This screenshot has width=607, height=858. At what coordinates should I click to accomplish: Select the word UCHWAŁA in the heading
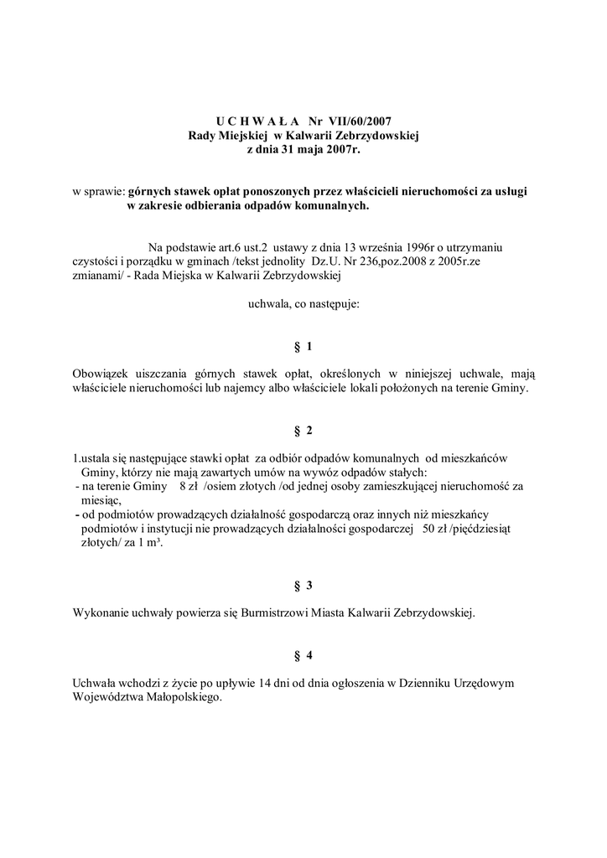[251, 121]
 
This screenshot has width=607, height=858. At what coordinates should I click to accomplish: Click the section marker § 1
[303, 346]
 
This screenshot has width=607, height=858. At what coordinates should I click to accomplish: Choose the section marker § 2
[303, 430]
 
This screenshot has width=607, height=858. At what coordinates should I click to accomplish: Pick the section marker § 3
[303, 585]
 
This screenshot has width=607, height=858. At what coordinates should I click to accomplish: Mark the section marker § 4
[303, 654]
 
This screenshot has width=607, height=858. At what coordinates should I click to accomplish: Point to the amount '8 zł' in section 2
[189, 485]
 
